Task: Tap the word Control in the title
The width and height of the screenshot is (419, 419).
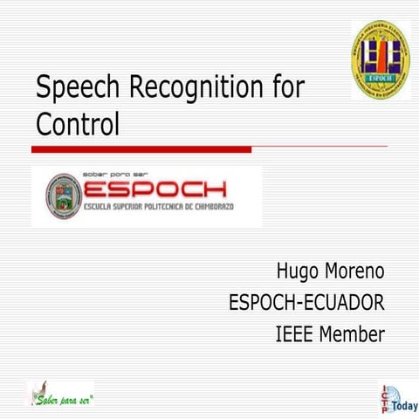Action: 78,124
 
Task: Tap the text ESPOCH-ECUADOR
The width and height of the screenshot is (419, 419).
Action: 306,302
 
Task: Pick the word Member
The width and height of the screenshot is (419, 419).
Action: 352,333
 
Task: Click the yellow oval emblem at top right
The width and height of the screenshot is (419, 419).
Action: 381,59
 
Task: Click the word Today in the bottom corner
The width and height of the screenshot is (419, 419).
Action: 404,406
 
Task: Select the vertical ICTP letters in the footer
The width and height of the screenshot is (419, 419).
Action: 385,400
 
